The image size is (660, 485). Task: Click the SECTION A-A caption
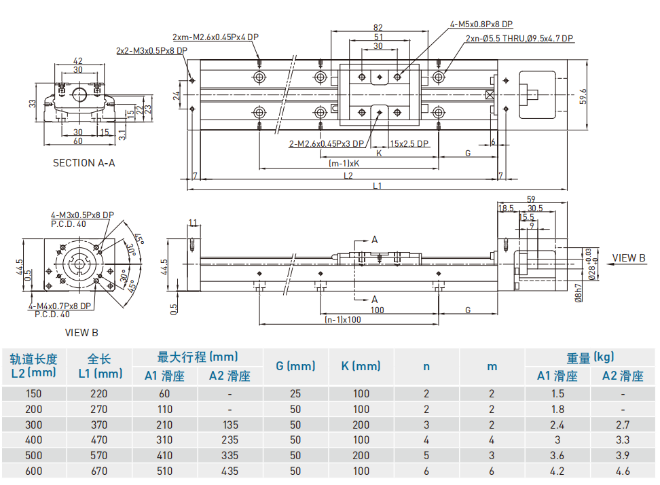84,163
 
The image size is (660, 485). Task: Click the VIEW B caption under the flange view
81,332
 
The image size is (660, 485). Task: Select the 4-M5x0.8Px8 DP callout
481,24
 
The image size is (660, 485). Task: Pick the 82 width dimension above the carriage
378,28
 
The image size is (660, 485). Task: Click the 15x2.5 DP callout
409,143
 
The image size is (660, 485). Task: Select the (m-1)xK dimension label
344,164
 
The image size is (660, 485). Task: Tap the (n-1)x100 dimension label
343,319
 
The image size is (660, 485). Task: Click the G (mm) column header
295,366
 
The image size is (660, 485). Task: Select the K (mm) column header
361,366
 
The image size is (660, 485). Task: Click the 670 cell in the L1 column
99,471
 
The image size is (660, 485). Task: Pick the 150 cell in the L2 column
33,393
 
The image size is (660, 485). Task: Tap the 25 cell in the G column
295,393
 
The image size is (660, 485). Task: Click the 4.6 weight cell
622,471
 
